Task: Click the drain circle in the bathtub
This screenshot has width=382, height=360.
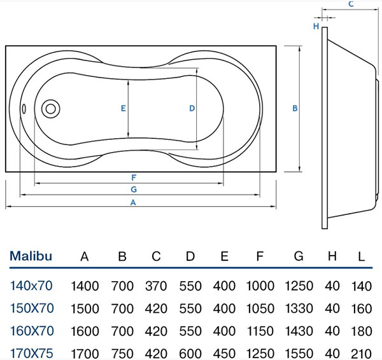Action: tap(49, 108)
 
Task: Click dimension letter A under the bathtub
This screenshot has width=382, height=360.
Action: tap(134, 202)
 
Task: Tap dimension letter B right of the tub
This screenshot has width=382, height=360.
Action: tap(295, 108)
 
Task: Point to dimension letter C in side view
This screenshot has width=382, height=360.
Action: tap(351, 4)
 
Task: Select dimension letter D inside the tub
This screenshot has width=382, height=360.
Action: tap(192, 108)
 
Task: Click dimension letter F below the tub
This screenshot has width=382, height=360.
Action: tap(134, 177)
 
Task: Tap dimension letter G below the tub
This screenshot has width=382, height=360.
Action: tap(134, 189)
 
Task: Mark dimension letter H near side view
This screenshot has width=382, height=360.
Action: tap(315, 26)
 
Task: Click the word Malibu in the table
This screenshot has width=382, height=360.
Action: tap(31, 257)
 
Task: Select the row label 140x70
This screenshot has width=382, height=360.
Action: tap(31, 286)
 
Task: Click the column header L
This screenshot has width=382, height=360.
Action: tap(360, 257)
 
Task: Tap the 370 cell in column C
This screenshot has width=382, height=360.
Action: tap(156, 286)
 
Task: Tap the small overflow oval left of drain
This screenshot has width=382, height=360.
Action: tap(25, 108)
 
